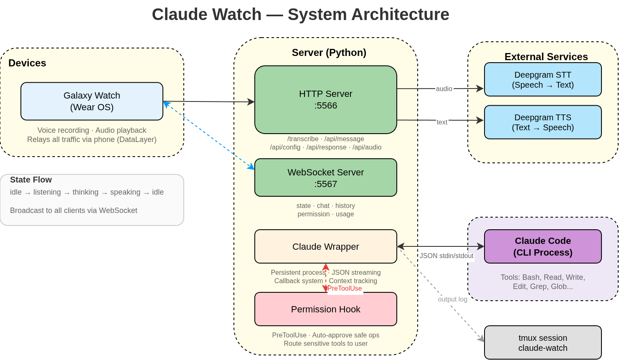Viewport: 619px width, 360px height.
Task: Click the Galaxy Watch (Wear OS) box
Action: pos(92,101)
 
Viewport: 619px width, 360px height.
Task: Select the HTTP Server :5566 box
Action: pos(326,100)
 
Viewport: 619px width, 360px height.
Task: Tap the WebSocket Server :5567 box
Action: pos(326,178)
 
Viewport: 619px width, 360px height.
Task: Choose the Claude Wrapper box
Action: pos(326,246)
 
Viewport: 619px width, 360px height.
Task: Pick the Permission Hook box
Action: pos(326,309)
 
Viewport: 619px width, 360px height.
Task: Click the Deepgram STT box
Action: pos(543,80)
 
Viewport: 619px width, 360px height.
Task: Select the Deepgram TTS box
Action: pos(543,122)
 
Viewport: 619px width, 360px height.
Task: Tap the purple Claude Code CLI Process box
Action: pos(543,246)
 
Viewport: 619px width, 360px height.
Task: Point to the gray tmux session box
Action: pos(543,343)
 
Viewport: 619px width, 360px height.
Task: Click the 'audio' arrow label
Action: pos(444,89)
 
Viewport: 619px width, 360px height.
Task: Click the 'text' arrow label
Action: pos(442,122)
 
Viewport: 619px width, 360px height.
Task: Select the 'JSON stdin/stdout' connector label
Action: pos(446,256)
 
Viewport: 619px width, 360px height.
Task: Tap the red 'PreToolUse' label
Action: pos(345,288)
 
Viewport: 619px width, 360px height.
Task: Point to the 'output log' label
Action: pos(452,299)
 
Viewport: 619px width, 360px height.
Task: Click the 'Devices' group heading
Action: pos(27,63)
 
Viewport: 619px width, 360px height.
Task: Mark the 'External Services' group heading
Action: pos(546,56)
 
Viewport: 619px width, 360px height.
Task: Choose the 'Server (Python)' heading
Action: pos(329,52)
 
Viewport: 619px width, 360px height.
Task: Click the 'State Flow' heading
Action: pos(31,180)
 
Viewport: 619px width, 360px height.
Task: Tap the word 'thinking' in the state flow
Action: pos(85,192)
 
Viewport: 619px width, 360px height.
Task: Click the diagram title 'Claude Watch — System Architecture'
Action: pos(300,14)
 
